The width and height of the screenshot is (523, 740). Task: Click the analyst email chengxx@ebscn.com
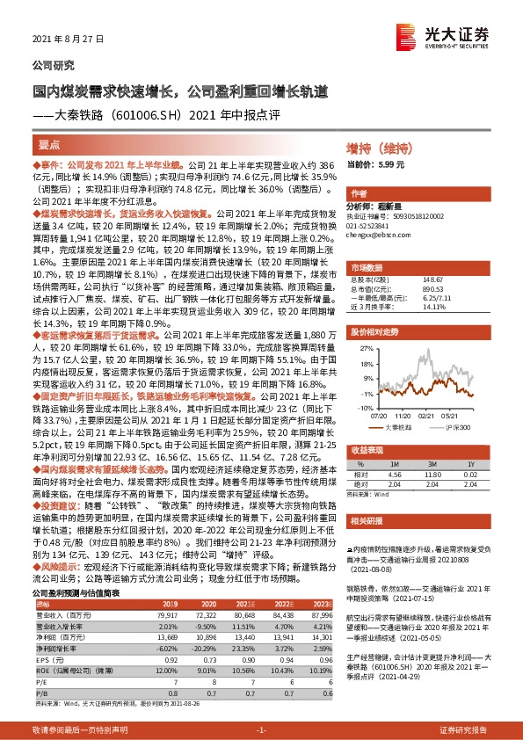(x=377, y=236)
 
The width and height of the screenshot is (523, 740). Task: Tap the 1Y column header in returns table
(x=471, y=465)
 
